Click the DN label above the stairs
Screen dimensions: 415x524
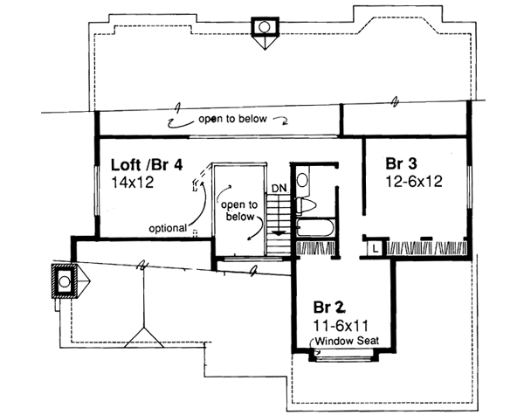point(278,189)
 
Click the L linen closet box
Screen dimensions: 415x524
point(373,246)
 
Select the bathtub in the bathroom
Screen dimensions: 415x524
point(314,228)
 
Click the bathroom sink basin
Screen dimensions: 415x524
point(302,182)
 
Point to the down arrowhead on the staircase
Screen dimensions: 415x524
point(278,233)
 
